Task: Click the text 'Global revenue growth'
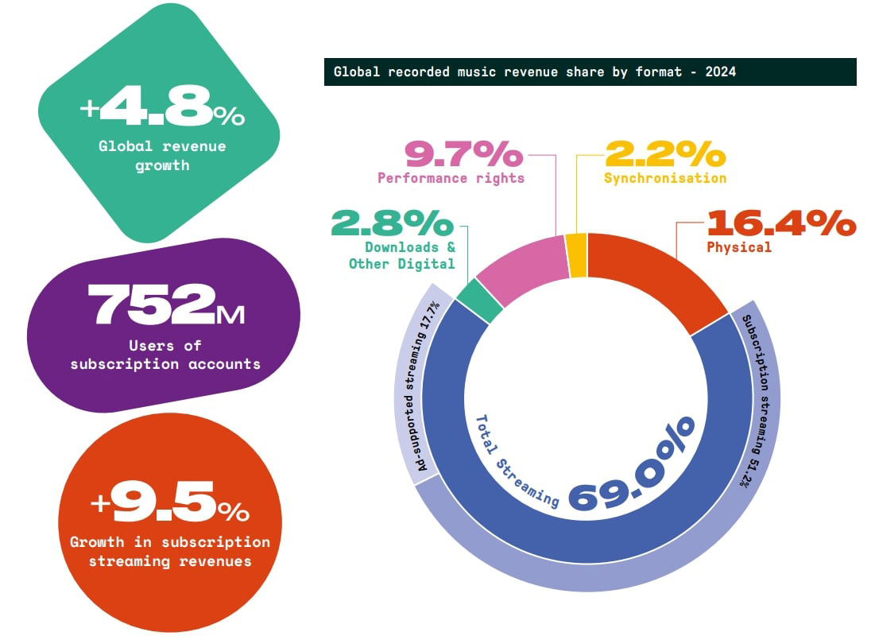point(162,156)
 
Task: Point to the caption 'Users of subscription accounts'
point(165,355)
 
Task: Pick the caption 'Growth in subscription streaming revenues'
point(170,552)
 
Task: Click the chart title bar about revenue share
point(590,72)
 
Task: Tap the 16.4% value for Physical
point(780,222)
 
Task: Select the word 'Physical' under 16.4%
point(739,247)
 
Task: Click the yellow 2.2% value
point(664,153)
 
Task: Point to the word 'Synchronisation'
point(664,178)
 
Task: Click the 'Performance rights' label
point(451,178)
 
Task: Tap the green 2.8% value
point(393,223)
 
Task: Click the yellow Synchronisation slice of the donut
point(577,255)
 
